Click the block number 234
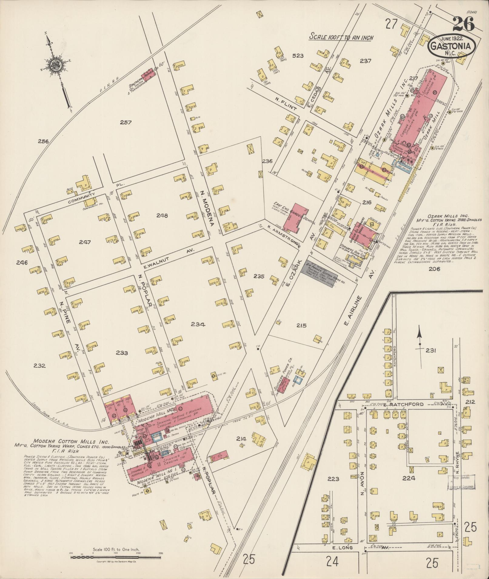(198, 324)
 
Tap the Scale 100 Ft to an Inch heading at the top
(341, 38)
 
